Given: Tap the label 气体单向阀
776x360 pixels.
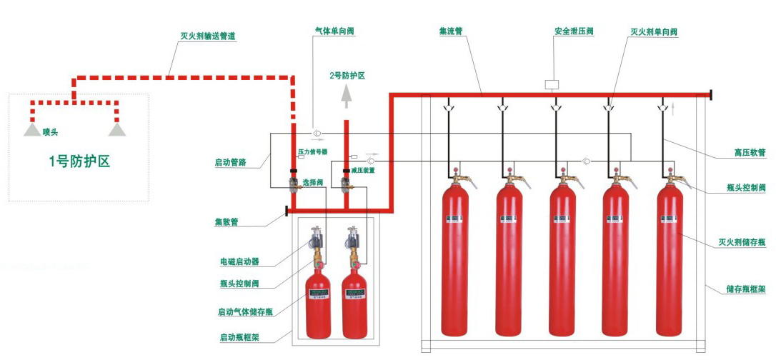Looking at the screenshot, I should [x=334, y=31].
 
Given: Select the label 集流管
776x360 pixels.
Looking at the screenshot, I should [x=451, y=31].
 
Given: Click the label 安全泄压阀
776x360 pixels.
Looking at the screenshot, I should [x=574, y=31].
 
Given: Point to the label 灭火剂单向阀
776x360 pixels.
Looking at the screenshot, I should [x=653, y=31].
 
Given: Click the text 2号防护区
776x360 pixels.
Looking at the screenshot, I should [x=347, y=75].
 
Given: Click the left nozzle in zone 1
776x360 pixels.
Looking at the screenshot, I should [x=31, y=129].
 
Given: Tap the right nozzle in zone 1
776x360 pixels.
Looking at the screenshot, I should [x=116, y=129].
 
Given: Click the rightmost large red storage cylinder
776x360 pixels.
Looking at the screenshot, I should [x=669, y=261].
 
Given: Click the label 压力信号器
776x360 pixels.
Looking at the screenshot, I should [x=312, y=152].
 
